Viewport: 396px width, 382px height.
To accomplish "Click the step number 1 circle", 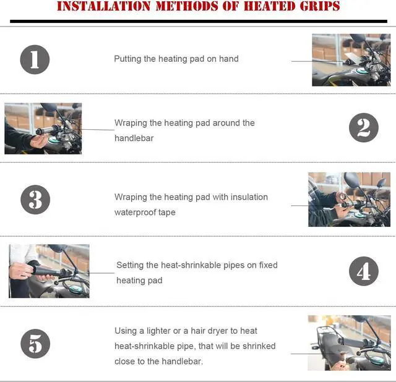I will tap(35, 59).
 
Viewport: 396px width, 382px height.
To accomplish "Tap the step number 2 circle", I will tap(363, 128).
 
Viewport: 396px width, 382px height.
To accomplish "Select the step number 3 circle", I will tap(35, 200).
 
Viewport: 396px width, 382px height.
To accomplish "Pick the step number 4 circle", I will tap(363, 271).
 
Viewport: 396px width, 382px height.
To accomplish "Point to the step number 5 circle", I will tap(35, 344).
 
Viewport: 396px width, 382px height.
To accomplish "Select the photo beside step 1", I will tap(351, 60).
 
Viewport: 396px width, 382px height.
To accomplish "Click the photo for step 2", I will tap(43, 129).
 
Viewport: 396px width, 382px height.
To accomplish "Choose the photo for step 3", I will tap(349, 199).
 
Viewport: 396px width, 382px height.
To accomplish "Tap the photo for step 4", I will tap(49, 271).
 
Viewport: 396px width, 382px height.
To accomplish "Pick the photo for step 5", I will tap(349, 343).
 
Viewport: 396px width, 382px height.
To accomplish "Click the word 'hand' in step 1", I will tap(228, 59).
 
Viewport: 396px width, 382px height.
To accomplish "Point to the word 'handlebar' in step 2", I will tap(134, 138).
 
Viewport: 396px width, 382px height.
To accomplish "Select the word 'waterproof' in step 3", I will tap(136, 212).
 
